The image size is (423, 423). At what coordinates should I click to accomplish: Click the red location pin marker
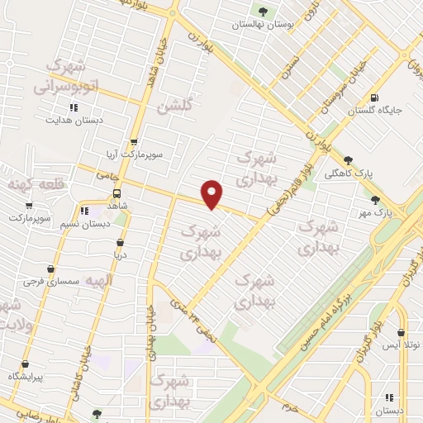(x=213, y=193)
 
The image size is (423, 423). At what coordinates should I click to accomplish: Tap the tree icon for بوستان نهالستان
(x=263, y=12)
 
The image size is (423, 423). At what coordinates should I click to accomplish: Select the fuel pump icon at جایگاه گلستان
(x=375, y=96)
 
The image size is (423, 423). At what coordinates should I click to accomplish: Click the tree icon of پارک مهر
(x=376, y=199)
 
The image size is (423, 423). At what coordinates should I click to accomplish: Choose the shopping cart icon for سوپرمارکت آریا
(x=134, y=141)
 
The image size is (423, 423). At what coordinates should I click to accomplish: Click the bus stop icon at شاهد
(x=116, y=194)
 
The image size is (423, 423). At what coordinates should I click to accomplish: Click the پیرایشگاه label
(x=26, y=376)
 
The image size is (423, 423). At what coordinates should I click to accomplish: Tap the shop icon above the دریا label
(x=121, y=242)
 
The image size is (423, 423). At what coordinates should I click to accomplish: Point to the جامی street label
(x=105, y=175)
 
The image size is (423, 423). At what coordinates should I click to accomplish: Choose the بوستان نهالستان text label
(x=263, y=26)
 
